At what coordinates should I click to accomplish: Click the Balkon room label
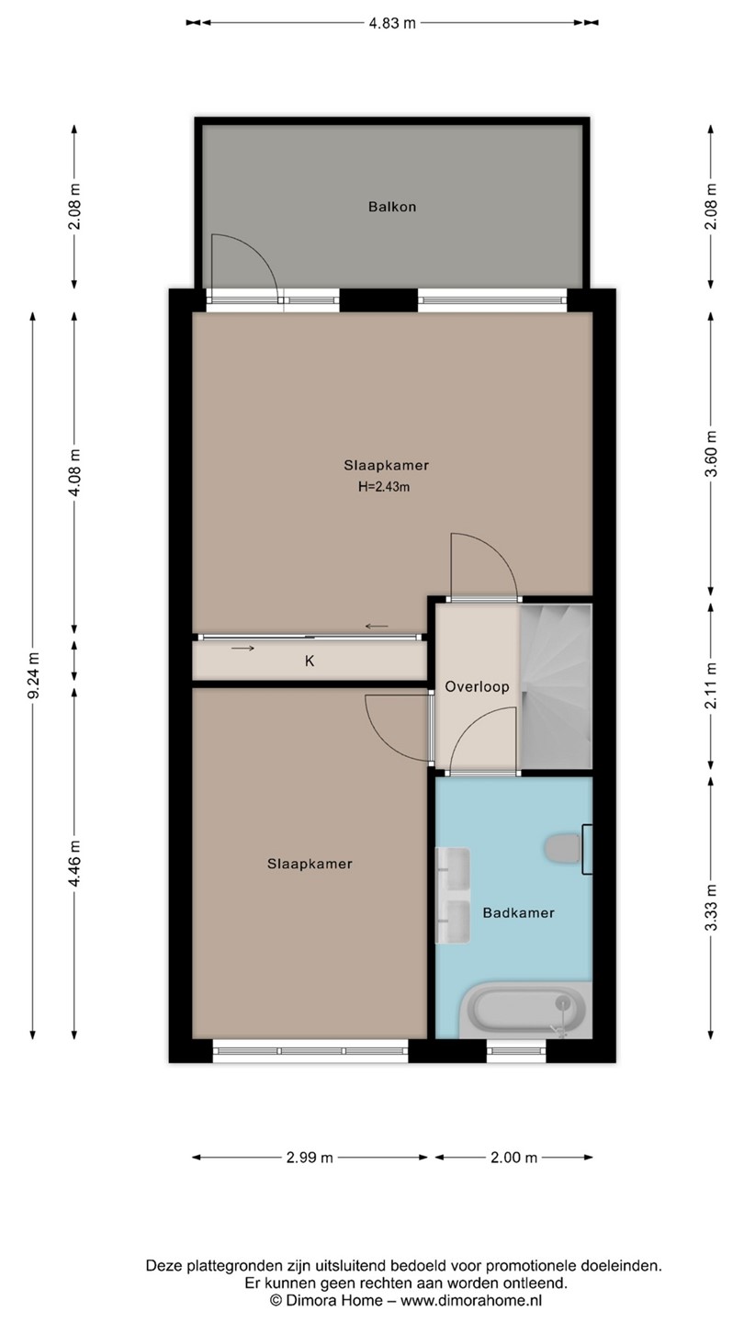(392, 207)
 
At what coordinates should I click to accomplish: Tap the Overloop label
(477, 686)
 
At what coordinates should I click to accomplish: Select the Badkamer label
(518, 912)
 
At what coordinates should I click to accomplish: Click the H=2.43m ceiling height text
(384, 487)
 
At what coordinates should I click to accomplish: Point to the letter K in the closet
(310, 661)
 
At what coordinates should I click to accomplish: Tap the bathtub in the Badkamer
(525, 1009)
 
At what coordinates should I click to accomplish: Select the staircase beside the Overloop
(556, 685)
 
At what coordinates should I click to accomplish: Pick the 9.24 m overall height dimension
(34, 675)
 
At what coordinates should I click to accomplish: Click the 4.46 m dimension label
(74, 863)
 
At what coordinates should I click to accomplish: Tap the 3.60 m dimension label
(711, 454)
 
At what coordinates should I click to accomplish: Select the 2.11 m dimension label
(711, 685)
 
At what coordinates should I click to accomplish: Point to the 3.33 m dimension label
(711, 907)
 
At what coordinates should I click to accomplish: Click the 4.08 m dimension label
(74, 472)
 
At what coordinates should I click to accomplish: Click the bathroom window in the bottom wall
(516, 1051)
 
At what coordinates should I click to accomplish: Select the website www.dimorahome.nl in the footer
(471, 1300)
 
